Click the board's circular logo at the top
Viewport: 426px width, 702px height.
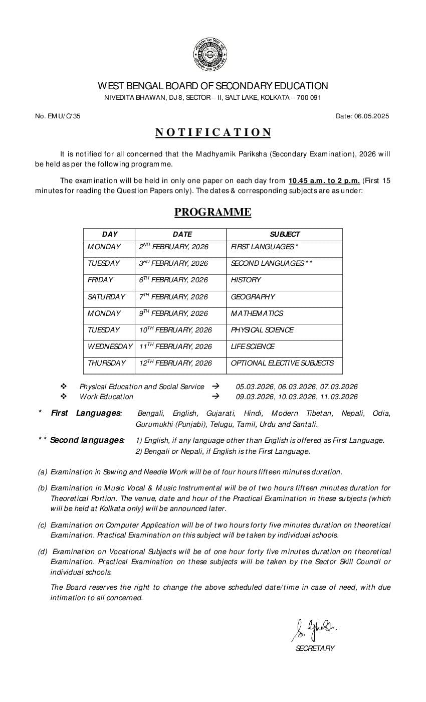210,55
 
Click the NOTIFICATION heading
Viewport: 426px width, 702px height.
213,132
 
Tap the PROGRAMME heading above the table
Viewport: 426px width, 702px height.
212,212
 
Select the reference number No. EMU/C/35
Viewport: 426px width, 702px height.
58,116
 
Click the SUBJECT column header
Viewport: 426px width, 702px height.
284,234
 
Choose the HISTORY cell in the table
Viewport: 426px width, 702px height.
246,280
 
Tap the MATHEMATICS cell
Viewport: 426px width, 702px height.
257,313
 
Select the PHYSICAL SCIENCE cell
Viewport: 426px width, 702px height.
262,330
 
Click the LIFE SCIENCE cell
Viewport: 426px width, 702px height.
253,346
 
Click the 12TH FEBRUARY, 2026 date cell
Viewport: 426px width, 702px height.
175,363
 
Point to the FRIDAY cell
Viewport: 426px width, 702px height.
100,280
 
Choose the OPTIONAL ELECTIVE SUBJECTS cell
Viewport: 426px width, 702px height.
282,363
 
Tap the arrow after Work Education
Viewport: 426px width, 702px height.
216,397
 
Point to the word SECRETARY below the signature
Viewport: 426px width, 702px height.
315,648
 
